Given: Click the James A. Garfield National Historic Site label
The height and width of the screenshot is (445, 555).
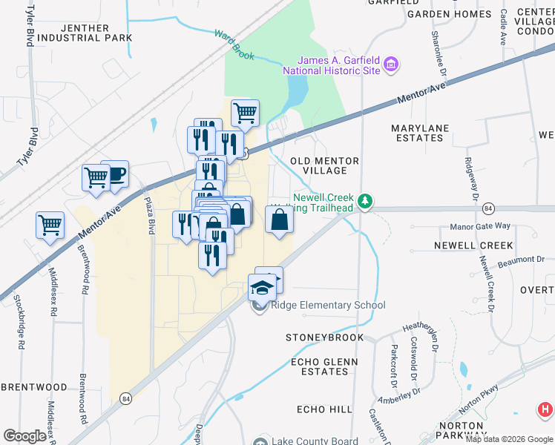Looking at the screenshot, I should [x=339, y=65].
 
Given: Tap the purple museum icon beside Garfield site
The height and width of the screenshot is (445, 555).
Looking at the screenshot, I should [x=391, y=65].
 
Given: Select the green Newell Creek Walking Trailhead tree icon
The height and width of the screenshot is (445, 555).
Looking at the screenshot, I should [x=364, y=201].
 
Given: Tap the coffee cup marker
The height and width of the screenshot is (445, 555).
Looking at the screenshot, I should [x=115, y=175].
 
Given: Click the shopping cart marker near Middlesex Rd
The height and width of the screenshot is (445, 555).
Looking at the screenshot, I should [x=50, y=224].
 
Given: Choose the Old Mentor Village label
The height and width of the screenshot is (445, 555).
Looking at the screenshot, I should [x=324, y=165].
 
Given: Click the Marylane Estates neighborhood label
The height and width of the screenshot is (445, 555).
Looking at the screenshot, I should [x=421, y=133].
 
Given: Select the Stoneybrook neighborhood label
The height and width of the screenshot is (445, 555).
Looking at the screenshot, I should [x=325, y=337].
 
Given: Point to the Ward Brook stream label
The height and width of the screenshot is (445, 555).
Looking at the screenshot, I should [x=234, y=44].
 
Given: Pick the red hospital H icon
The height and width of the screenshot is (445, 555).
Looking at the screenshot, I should [x=545, y=409].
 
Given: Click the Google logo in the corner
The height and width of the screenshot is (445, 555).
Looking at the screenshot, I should [x=24, y=436].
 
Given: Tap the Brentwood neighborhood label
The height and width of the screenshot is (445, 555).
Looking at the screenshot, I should [x=34, y=387].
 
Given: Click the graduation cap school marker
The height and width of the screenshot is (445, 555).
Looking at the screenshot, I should [x=262, y=287].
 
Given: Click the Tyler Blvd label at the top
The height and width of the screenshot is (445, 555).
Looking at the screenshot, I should [x=30, y=24].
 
